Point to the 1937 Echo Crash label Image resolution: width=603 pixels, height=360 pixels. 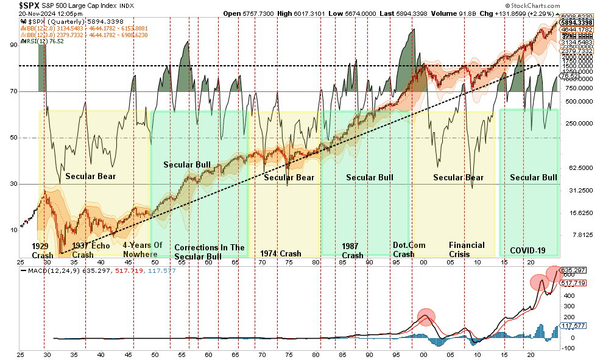(91, 250)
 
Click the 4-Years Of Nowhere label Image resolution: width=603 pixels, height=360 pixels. (143, 250)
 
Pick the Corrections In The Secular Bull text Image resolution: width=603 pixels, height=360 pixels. (209, 252)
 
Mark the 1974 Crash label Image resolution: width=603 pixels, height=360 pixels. (280, 253)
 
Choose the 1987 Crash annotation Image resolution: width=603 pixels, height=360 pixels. (353, 251)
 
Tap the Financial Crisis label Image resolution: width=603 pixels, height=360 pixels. (467, 250)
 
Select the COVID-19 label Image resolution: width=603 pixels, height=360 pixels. (527, 251)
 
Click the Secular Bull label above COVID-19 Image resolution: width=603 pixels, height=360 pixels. (533, 177)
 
